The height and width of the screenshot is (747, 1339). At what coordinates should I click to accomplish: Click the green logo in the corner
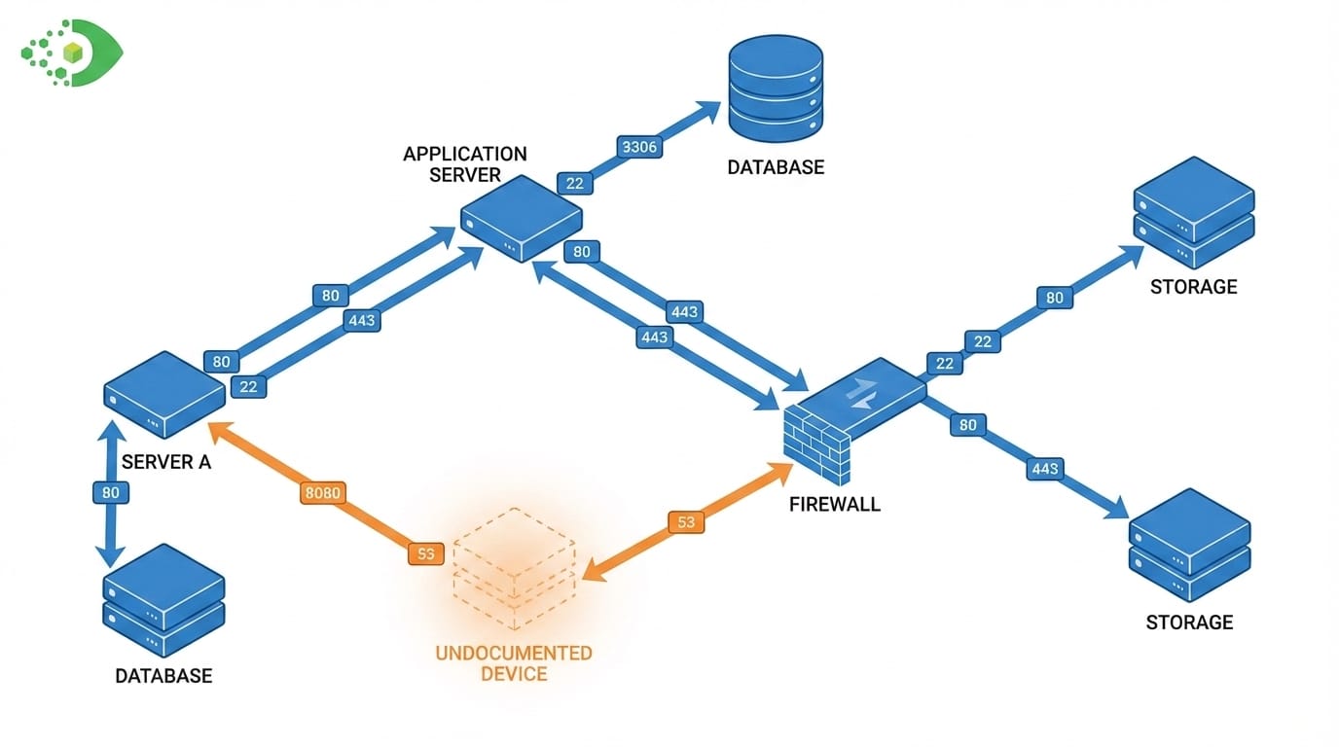click(73, 52)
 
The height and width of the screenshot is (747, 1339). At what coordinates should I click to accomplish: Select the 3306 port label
click(639, 148)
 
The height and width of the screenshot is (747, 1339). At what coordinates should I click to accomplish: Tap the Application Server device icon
click(522, 218)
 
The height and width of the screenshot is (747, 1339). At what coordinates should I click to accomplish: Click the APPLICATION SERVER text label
click(465, 164)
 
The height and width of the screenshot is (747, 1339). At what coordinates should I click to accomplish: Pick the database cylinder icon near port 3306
click(776, 89)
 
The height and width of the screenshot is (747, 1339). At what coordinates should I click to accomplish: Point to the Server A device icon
click(164, 394)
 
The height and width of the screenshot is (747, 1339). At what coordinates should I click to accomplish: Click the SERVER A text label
click(165, 462)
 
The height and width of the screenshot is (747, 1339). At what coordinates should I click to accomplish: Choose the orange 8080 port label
click(322, 493)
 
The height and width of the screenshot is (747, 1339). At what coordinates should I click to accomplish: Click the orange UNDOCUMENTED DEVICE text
click(514, 662)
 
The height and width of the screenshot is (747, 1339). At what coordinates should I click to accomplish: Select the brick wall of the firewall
click(816, 445)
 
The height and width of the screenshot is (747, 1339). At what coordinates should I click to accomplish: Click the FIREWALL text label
click(835, 505)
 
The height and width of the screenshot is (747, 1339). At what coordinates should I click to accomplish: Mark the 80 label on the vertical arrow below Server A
click(111, 493)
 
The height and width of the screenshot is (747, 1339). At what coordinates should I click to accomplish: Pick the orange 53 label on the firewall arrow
click(686, 522)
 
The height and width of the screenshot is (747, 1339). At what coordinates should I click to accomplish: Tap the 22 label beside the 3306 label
click(575, 182)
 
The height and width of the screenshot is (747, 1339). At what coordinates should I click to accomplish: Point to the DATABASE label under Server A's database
click(163, 675)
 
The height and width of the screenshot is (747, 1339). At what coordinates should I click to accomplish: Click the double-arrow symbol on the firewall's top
click(863, 391)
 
